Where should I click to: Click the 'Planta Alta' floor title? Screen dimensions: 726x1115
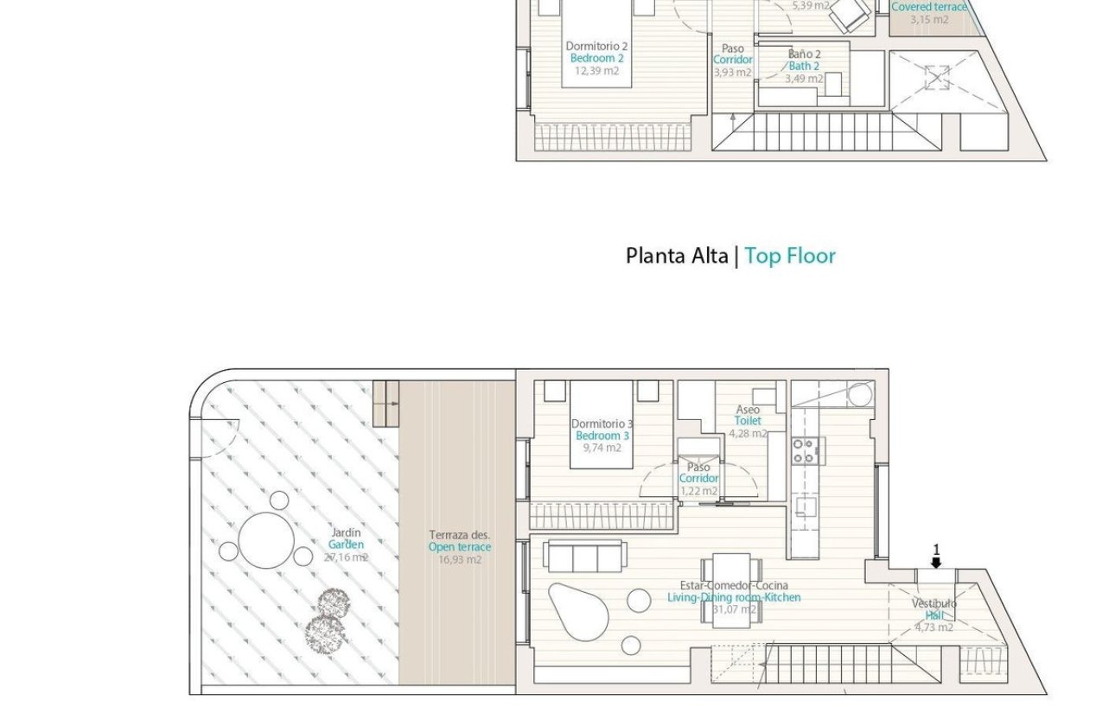click(677, 256)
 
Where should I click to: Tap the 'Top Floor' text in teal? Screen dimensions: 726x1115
click(790, 256)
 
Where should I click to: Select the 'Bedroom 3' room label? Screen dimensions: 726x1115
click(602, 436)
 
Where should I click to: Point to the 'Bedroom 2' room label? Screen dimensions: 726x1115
click(596, 59)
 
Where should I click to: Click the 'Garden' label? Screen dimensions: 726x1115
click(346, 544)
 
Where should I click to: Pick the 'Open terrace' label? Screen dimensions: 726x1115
click(460, 547)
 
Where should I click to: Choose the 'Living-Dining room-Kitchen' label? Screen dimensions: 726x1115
click(734, 597)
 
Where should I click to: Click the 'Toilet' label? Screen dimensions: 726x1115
click(748, 421)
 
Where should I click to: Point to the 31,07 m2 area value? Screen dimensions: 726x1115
click(734, 609)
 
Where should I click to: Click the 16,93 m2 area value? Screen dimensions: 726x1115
click(460, 559)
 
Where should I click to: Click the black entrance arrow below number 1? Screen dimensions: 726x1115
click(936, 563)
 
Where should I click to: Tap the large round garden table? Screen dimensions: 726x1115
click(266, 540)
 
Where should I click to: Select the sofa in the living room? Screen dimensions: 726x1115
click(583, 557)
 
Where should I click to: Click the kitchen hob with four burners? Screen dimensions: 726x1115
click(803, 450)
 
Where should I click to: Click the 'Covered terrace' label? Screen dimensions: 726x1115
click(929, 7)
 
